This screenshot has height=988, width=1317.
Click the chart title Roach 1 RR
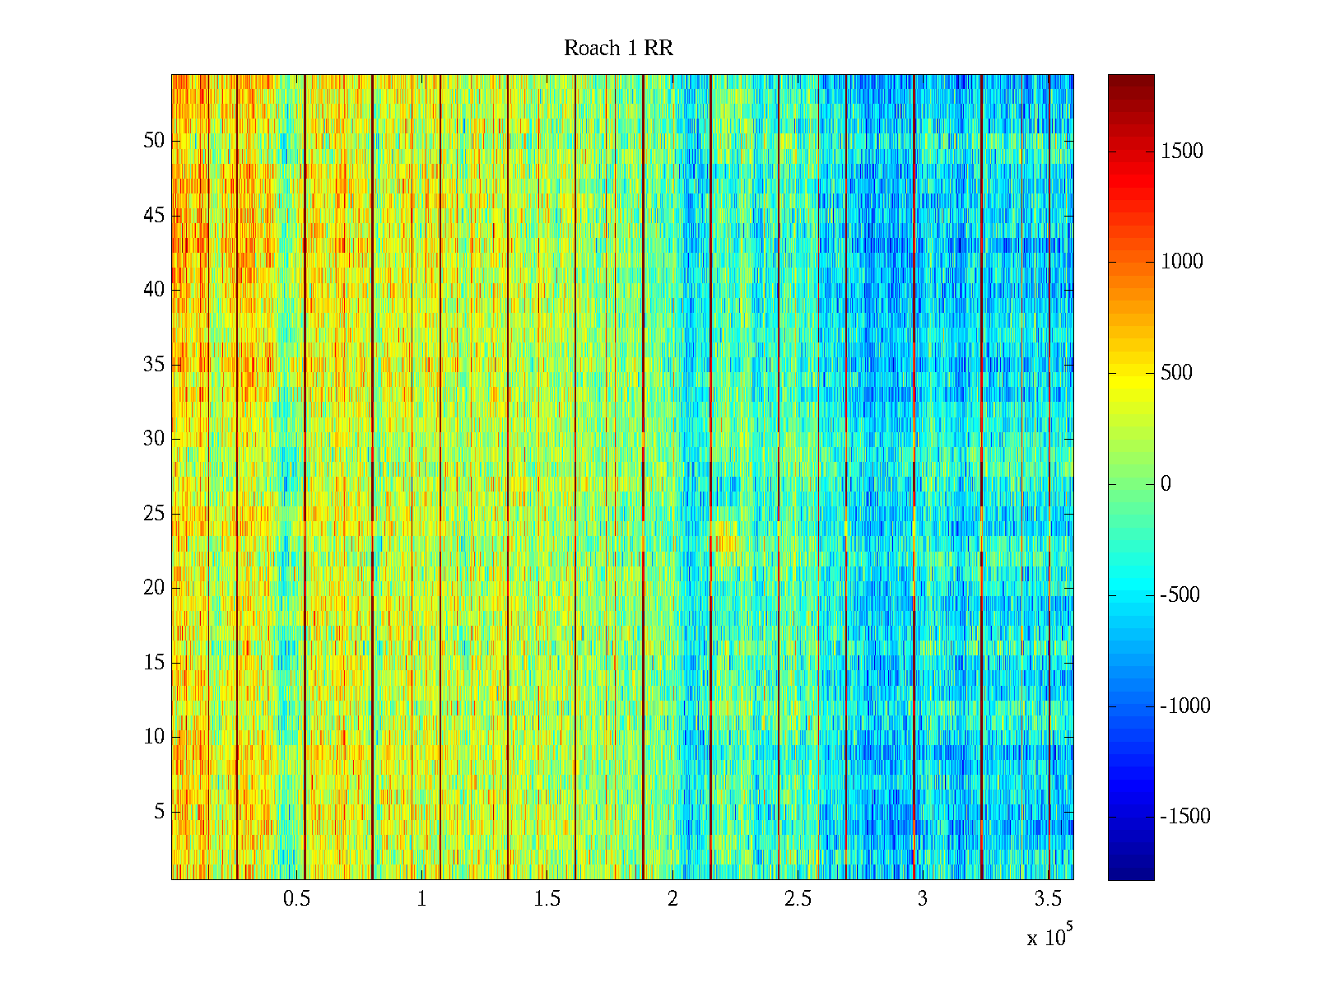pos(618,49)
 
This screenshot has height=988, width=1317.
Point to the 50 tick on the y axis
pos(154,141)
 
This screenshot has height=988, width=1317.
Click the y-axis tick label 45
pos(154,216)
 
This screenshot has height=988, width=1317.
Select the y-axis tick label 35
pos(154,365)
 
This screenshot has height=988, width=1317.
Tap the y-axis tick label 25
pos(154,514)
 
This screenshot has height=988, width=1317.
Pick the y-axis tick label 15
pos(154,663)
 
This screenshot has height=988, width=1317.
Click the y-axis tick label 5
pos(160,812)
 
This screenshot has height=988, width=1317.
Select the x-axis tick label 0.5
pos(296,899)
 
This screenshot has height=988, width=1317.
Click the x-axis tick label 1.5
pos(547,899)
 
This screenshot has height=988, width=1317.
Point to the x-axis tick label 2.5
pos(798,899)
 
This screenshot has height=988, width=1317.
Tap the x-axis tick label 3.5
pos(1048,899)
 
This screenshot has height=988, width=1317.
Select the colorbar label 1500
pos(1182,151)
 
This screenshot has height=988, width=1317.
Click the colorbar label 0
pos(1166,484)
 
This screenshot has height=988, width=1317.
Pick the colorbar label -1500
pos(1185,817)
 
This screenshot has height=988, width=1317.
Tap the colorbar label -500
pos(1180,595)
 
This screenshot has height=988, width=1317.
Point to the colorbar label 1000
pos(1182,262)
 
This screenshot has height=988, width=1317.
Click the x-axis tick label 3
pos(923,899)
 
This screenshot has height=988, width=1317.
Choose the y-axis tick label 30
pos(154,439)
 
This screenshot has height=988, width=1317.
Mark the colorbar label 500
pos(1177,373)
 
